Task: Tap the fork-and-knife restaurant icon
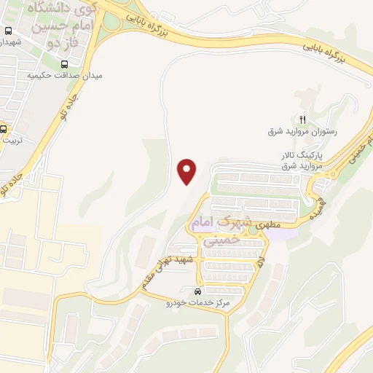coord(303,119)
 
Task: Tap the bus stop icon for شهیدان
coord(8,31)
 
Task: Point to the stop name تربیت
coord(10,140)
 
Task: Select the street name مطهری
coord(262,227)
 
